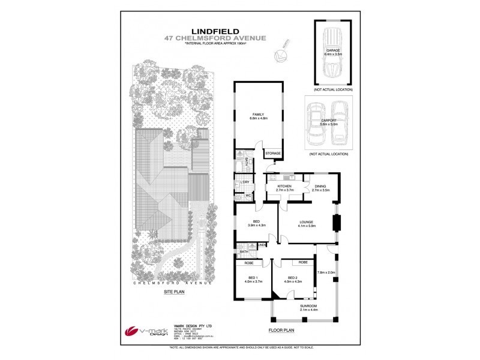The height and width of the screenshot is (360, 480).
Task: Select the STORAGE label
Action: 273,154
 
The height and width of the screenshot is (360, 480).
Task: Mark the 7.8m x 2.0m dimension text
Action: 326,272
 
